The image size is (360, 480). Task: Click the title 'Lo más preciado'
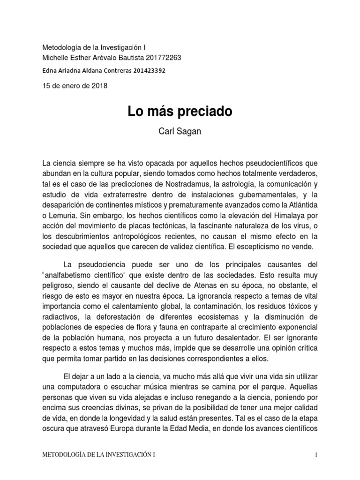180,112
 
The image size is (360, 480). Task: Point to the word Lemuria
63,216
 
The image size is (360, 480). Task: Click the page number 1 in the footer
317,455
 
